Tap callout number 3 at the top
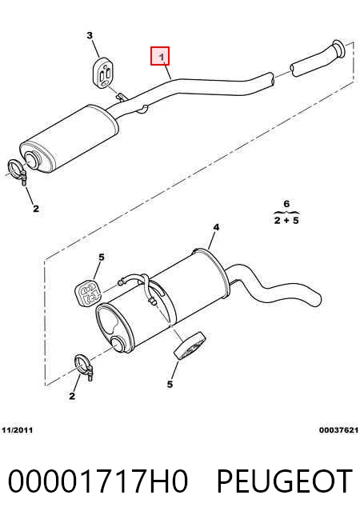pyautogui.click(x=90, y=35)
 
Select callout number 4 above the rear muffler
pyautogui.click(x=216, y=227)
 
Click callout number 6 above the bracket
pyautogui.click(x=286, y=203)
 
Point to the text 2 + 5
pyautogui.click(x=286, y=220)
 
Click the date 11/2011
pyautogui.click(x=18, y=430)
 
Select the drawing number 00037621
pyautogui.click(x=338, y=430)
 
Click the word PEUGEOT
pyautogui.click(x=285, y=481)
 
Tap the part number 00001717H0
pyautogui.click(x=98, y=481)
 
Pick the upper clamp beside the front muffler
pyautogui.click(x=18, y=171)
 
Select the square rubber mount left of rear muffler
pyautogui.click(x=88, y=293)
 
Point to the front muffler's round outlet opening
pyautogui.click(x=31, y=159)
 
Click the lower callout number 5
pyautogui.click(x=170, y=385)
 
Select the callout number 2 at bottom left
pyautogui.click(x=72, y=397)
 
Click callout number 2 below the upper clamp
pyautogui.click(x=36, y=209)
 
